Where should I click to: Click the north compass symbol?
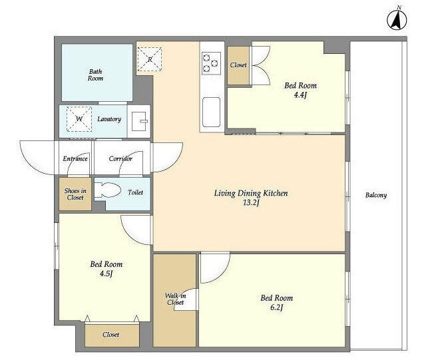coord(397,19)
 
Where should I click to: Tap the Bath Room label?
coord(95,75)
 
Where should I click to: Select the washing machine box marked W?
coord(79,119)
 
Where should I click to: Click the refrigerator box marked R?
coord(149,59)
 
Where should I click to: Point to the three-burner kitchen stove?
coord(211,63)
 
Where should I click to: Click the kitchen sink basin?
coord(211,112)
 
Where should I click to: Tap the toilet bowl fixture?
coord(107,190)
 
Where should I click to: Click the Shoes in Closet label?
coord(75,194)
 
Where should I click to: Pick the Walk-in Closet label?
coord(176,299)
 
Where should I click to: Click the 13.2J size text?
coord(251,203)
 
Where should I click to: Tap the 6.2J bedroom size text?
coord(277,308)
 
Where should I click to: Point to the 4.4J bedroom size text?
coord(300,95)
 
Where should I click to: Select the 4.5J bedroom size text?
coord(106,273)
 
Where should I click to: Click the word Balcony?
coord(376,195)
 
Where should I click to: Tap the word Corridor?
coord(120,158)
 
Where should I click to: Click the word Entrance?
coord(75,158)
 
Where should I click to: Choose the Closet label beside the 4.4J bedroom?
coord(238,65)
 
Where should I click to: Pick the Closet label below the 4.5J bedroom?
coord(111,335)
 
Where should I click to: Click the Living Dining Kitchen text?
coord(251,194)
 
